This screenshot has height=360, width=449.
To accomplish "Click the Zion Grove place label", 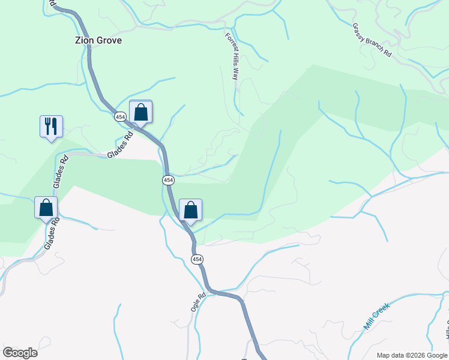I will pyautogui.click(x=98, y=40).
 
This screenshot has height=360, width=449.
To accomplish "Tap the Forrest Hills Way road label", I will pyautogui.click(x=232, y=56).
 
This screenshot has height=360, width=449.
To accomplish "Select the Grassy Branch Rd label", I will pyautogui.click(x=372, y=40).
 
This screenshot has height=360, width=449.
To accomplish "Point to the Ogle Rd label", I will pyautogui.click(x=198, y=301).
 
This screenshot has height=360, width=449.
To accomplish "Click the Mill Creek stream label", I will pyautogui.click(x=377, y=316).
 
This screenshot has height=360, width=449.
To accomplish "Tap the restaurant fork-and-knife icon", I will pyautogui.click(x=51, y=126).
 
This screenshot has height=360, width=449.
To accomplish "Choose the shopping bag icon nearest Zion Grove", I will pyautogui.click(x=140, y=112).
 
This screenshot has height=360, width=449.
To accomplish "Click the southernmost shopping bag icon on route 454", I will pyautogui.click(x=190, y=210).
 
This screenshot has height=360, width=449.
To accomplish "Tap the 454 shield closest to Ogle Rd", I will pyautogui.click(x=197, y=259).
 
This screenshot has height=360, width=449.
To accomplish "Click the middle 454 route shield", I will pyautogui.click(x=168, y=180).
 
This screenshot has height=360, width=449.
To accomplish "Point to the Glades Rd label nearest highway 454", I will pyautogui.click(x=119, y=146).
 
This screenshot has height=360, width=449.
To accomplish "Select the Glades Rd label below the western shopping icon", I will pyautogui.click(x=52, y=234).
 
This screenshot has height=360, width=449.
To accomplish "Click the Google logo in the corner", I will pyautogui.click(x=20, y=353).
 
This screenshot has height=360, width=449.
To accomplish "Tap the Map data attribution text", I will pyautogui.click(x=412, y=355).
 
